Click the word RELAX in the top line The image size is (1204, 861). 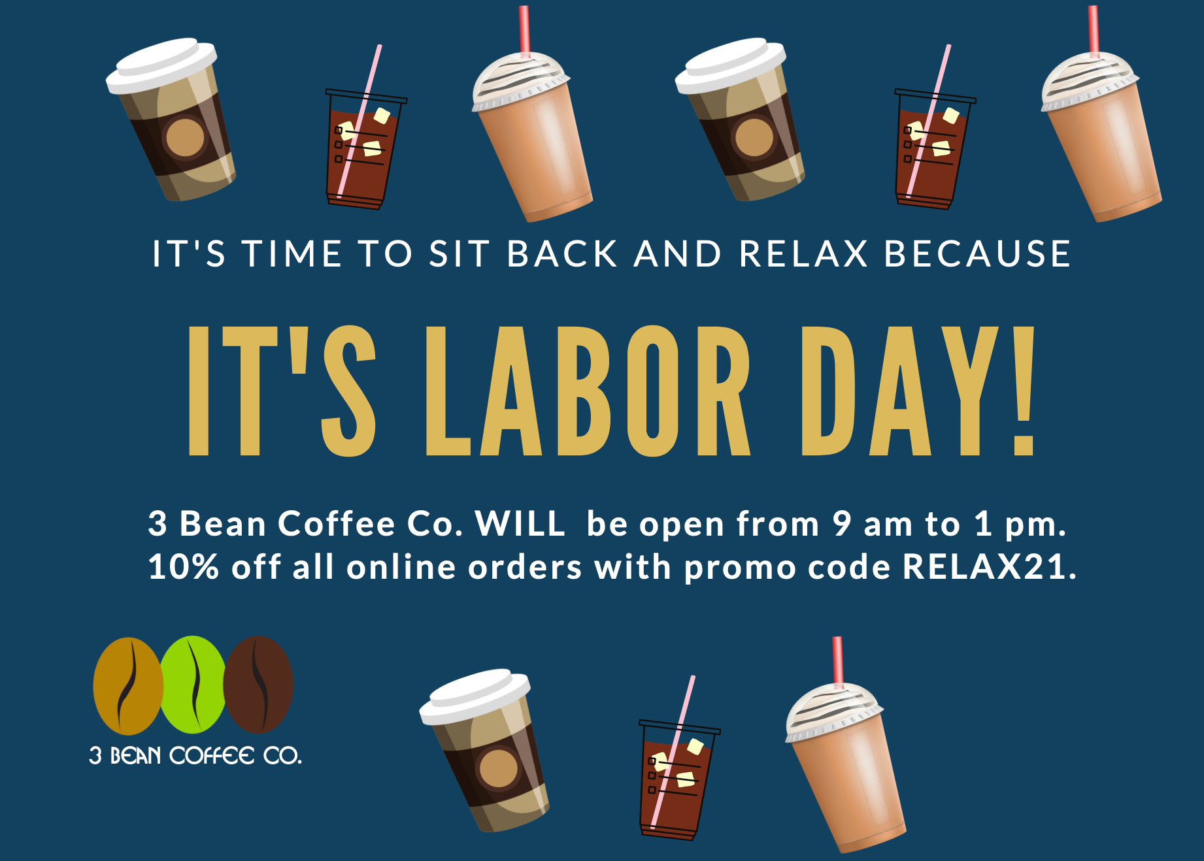click(803, 253)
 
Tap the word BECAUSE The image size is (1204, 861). click(977, 253)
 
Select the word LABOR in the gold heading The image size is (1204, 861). click(588, 391)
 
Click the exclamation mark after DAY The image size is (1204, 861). click(1023, 391)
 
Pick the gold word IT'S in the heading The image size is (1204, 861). click(282, 391)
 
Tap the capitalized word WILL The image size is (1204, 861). click(520, 524)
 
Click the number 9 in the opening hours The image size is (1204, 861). click(841, 524)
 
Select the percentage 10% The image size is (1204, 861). click(183, 566)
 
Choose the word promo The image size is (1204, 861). click(739, 568)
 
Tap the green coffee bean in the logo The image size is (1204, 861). click(193, 685)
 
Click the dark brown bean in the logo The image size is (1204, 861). click(259, 685)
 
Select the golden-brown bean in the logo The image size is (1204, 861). click(128, 686)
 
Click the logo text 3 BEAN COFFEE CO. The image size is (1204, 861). click(195, 756)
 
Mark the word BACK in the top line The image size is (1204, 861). click(562, 253)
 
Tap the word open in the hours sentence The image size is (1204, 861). click(682, 527)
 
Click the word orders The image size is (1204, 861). click(525, 566)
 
